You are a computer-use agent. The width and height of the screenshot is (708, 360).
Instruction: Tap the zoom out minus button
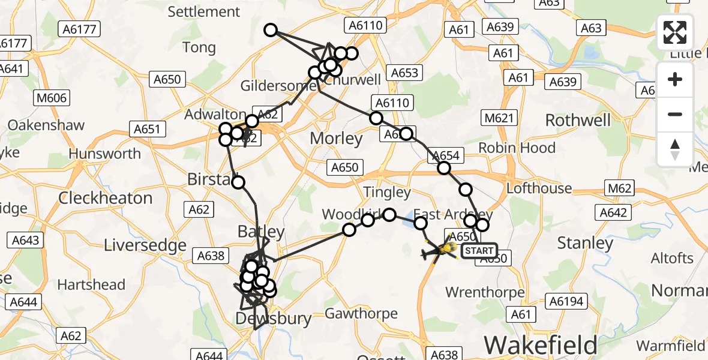coord(675,114)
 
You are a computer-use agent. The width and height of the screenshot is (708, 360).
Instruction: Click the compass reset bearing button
coord(675,149)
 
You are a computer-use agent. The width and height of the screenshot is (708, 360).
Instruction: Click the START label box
coord(479,251)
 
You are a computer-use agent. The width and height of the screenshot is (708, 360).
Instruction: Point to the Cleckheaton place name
coord(106,198)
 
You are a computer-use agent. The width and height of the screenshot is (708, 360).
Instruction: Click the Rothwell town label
coord(577,120)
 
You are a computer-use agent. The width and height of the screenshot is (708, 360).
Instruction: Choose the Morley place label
coord(336,139)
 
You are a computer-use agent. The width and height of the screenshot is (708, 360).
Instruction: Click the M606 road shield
coord(52,98)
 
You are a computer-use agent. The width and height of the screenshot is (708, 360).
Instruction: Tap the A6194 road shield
coord(565,301)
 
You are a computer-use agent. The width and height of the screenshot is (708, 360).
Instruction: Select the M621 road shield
coord(499,118)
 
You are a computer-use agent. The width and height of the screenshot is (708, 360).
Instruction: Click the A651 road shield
coord(146,128)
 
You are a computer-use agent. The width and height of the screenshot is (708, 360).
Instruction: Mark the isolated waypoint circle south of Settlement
coord(271,29)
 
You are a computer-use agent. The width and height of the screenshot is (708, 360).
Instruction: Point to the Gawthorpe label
coord(361,313)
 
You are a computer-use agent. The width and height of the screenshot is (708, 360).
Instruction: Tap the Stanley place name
coord(585,242)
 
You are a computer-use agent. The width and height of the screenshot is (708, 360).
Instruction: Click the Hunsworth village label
coord(104,154)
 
